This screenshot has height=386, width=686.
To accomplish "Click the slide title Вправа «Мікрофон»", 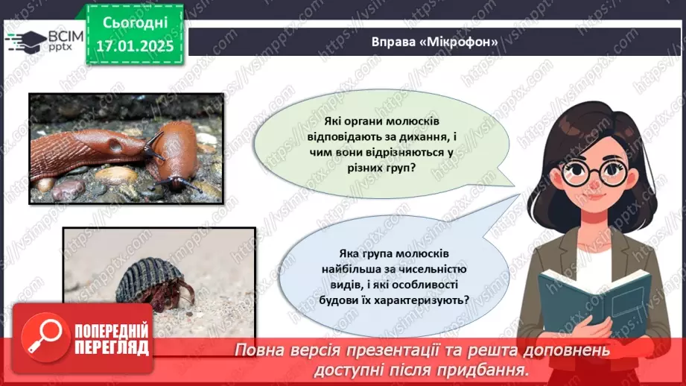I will pyautogui.click(x=434, y=42).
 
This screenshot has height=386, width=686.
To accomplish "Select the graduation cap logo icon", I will pyautogui.click(x=25, y=39).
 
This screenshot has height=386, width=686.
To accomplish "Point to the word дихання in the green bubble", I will pyautogui.click(x=427, y=138).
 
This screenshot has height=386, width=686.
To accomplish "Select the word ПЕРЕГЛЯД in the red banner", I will pyautogui.click(x=112, y=347).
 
